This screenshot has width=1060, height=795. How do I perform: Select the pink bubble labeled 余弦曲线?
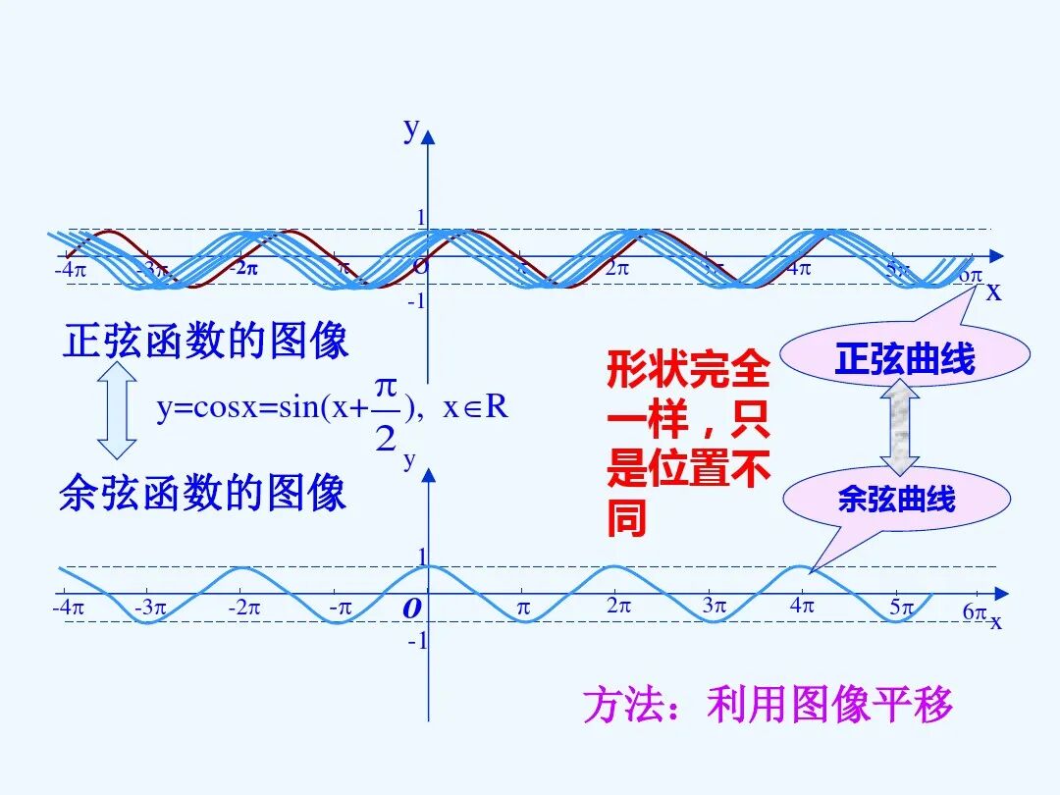[895, 500]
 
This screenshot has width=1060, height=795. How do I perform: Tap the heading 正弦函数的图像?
[206, 342]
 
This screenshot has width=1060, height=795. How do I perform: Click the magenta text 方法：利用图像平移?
[768, 705]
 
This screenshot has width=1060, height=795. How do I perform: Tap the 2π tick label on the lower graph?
[616, 606]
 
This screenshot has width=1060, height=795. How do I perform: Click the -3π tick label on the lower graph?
[150, 608]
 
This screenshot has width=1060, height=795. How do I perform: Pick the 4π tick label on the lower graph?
[802, 606]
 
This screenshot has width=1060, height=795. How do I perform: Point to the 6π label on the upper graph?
[970, 275]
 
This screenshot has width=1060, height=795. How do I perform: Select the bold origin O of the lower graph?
[412, 609]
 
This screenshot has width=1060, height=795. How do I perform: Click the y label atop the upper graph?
[412, 128]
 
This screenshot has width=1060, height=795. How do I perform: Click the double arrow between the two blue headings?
[118, 410]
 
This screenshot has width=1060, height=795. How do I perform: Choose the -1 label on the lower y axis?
[417, 641]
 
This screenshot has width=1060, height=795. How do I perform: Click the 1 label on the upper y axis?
[422, 217]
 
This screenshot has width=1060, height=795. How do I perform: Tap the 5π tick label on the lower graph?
[901, 607]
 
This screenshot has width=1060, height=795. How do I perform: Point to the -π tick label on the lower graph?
[340, 608]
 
